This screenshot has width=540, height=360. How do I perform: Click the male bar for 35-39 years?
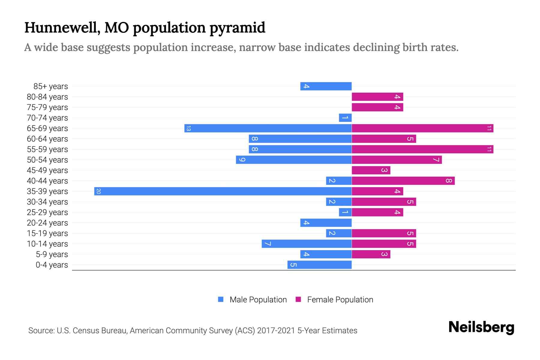tap(223, 191)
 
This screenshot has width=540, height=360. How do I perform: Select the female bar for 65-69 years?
tap(422, 128)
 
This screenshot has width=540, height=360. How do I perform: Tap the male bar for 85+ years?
tap(326, 86)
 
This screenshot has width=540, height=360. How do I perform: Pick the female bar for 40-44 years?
tap(403, 181)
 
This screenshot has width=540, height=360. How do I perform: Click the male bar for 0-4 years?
tap(319, 265)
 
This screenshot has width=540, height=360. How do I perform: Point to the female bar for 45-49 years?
tap(371, 170)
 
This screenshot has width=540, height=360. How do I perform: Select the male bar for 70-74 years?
tap(345, 118)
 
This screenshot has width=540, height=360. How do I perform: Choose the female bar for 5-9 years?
tap(371, 254)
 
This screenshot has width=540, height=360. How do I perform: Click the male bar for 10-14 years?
tap(307, 244)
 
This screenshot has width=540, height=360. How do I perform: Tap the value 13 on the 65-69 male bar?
tap(188, 128)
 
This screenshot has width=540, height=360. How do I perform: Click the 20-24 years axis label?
tap(47, 223)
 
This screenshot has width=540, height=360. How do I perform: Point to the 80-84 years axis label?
tap(47, 97)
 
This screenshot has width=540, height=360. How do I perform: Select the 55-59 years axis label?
tap(47, 149)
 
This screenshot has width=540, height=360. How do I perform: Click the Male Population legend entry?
tap(258, 299)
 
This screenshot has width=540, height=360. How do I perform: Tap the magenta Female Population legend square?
tap(298, 299)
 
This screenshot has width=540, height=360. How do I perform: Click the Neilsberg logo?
tap(481, 327)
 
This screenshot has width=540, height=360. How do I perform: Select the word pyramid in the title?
tap(237, 28)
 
